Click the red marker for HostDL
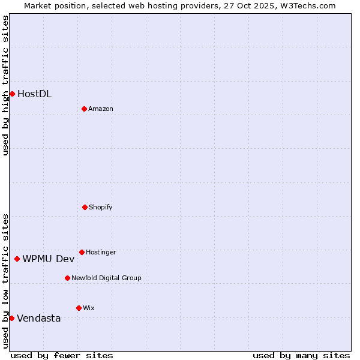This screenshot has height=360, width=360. (x=12, y=94)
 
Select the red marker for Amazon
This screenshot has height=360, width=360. (x=84, y=109)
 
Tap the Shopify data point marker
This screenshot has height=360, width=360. (x=85, y=207)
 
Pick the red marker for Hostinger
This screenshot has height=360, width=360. (x=82, y=252)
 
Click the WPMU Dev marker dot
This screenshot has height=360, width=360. (x=17, y=259)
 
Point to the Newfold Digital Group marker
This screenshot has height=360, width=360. (x=67, y=278)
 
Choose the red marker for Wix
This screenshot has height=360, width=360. (x=79, y=308)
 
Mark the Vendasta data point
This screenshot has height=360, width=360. (x=11, y=318)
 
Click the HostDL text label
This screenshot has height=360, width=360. (x=34, y=94)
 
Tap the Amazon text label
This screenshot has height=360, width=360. (x=100, y=109)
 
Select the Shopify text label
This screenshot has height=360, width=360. (x=100, y=207)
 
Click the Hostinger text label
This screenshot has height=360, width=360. (x=101, y=252)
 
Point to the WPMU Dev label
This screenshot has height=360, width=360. (x=48, y=259)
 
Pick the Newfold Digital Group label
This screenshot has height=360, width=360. (x=106, y=278)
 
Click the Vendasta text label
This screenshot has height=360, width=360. (x=38, y=318)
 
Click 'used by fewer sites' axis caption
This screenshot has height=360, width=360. (x=62, y=355)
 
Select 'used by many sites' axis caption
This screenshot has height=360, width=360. (x=301, y=355)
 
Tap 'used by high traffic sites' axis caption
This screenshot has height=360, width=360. (x=5, y=85)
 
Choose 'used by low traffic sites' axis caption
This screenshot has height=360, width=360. (x=5, y=280)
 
